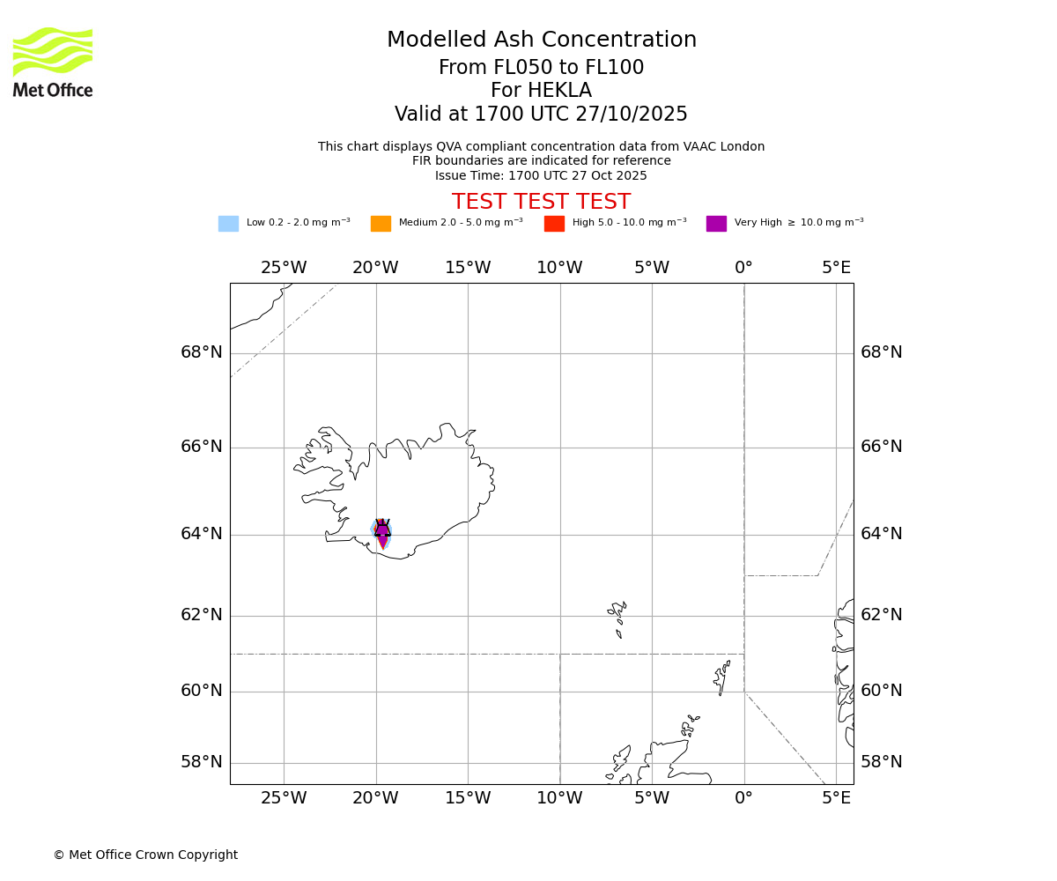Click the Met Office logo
pos(53,62)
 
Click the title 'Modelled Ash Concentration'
pos(541,41)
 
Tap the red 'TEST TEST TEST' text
pos(541,203)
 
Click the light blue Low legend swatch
pos(228,224)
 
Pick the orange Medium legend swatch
pos(381,224)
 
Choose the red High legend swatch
pos(554,224)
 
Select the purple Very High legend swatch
pos(716,224)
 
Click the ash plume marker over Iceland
pos(382,531)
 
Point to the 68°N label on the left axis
pos(202,352)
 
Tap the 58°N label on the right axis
pos(881,762)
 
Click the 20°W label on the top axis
pos(375,268)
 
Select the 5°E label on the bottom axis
pos(836,799)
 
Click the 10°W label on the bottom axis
pos(559,799)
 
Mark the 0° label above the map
pos(743,268)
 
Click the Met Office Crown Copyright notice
pos(145,855)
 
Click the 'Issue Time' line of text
pos(541,176)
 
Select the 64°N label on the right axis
pos(881,534)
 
